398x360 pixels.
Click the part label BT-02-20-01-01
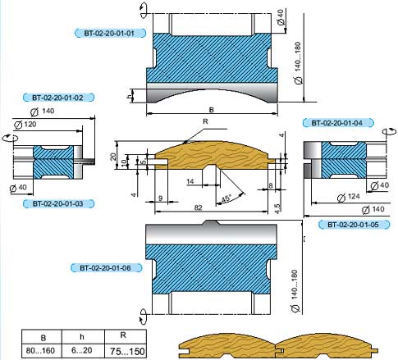pyautogui.click(x=110, y=34)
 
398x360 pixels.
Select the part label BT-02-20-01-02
pyautogui.click(x=58, y=98)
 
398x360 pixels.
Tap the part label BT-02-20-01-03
pyautogui.click(x=58, y=203)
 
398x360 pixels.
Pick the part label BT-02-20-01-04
pyautogui.click(x=338, y=123)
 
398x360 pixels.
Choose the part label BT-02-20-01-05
pyautogui.click(x=354, y=225)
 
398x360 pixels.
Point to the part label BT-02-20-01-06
pyautogui.click(x=106, y=268)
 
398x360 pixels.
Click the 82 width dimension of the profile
pyautogui.click(x=198, y=207)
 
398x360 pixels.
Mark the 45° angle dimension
pyautogui.click(x=226, y=198)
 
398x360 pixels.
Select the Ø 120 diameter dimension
pyautogui.click(x=25, y=125)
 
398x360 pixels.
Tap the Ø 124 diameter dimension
pyautogui.click(x=348, y=197)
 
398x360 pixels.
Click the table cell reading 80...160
pyautogui.click(x=40, y=350)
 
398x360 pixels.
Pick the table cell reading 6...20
pyautogui.click(x=82, y=350)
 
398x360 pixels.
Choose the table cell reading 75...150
pyautogui.click(x=127, y=351)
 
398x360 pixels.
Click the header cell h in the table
pyautogui.click(x=82, y=336)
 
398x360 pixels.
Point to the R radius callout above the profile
pyautogui.click(x=205, y=121)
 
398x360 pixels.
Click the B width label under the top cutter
pyautogui.click(x=212, y=110)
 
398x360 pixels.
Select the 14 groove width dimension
pyautogui.click(x=190, y=181)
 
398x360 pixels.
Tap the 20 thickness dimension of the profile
pyautogui.click(x=113, y=157)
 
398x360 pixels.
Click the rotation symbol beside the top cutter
pyautogui.click(x=144, y=11)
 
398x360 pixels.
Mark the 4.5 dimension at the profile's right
pyautogui.click(x=277, y=208)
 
